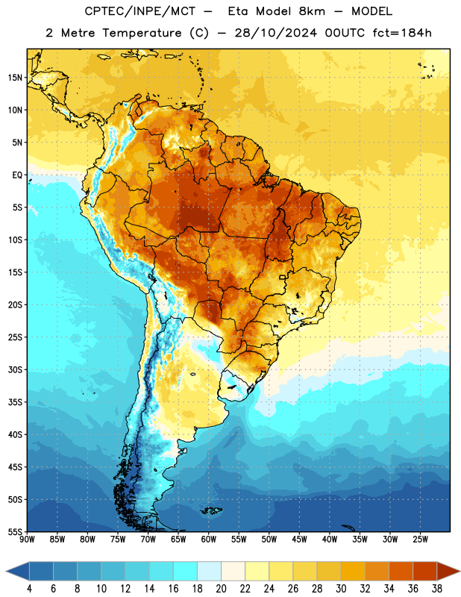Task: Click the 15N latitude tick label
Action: [x=15, y=78]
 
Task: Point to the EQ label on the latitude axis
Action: [x=17, y=175]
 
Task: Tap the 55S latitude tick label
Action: [x=15, y=531]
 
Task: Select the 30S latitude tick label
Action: [x=15, y=369]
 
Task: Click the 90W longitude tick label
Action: [x=27, y=539]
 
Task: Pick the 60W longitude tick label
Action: [x=209, y=539]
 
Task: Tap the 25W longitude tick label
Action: [x=420, y=539]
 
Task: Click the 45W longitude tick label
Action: [x=299, y=539]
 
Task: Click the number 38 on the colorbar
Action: [x=437, y=589]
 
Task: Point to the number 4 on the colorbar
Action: [x=29, y=589]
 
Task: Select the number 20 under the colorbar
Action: [x=221, y=589]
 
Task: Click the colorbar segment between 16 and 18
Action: [x=186, y=571]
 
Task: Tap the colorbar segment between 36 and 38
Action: [x=425, y=571]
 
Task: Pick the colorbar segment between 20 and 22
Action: [x=233, y=571]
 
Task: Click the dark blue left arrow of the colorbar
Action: [x=18, y=571]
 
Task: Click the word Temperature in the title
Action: [x=142, y=33]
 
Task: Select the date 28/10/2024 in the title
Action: [x=276, y=33]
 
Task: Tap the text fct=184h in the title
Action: [x=402, y=33]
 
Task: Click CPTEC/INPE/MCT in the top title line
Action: [x=139, y=11]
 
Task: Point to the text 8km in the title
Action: [x=312, y=11]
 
